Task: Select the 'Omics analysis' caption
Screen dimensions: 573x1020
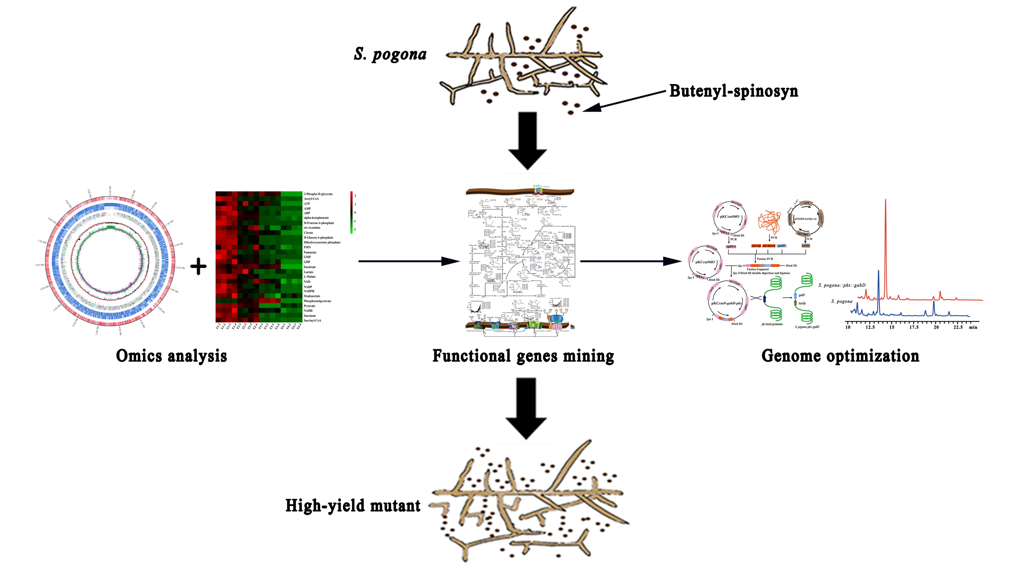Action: (x=171, y=356)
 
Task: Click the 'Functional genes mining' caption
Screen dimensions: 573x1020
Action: (x=523, y=356)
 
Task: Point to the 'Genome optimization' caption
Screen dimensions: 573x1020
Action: (x=840, y=356)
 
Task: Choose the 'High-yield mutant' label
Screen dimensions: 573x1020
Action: (x=353, y=506)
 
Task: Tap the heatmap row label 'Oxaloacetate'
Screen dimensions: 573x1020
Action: (x=312, y=296)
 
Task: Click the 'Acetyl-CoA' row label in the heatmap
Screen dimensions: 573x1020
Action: (x=311, y=199)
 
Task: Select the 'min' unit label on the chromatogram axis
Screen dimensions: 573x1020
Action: (x=973, y=327)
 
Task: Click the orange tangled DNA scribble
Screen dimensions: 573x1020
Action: (x=769, y=222)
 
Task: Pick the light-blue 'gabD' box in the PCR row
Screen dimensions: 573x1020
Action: (x=781, y=246)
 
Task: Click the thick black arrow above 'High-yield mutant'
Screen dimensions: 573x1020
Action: (x=526, y=408)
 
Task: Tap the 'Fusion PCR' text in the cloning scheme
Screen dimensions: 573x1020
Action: (x=765, y=259)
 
